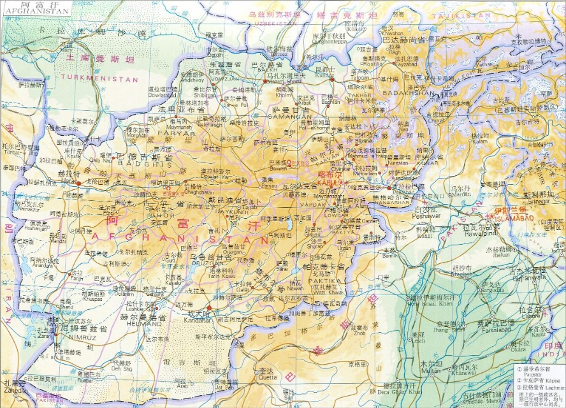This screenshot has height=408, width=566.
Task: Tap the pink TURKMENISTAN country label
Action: [x=99, y=78]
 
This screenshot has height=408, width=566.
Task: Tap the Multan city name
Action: [x=430, y=370]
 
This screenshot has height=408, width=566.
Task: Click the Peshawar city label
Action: [x=426, y=215]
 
